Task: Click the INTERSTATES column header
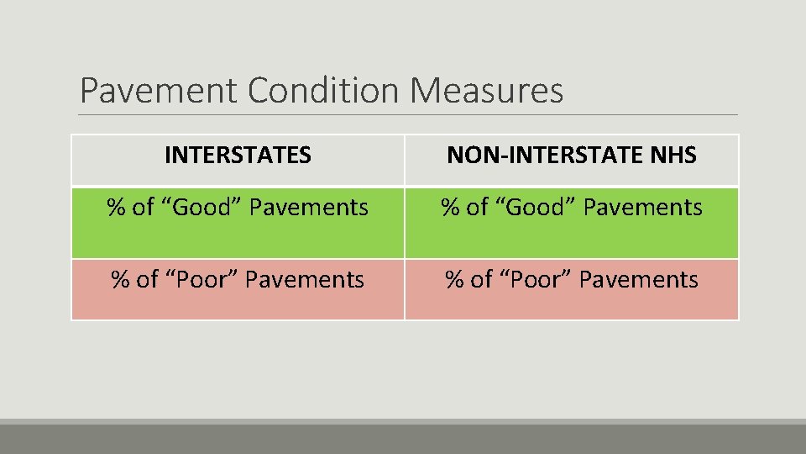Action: (238, 156)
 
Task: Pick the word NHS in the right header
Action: (673, 156)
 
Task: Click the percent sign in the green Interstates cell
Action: (116, 208)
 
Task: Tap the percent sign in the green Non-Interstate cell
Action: (451, 208)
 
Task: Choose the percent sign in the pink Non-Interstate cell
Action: (454, 280)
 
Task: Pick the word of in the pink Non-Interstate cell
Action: (481, 280)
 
